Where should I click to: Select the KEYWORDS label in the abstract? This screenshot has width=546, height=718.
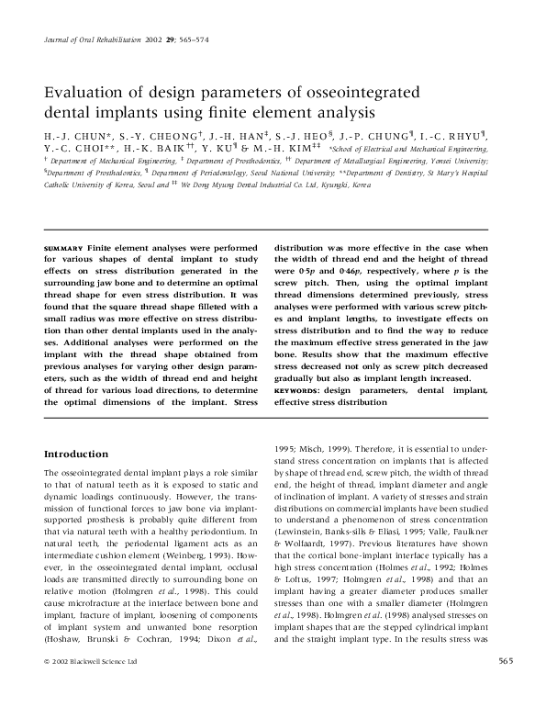(x=299, y=389)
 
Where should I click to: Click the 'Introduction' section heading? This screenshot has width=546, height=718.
(x=76, y=454)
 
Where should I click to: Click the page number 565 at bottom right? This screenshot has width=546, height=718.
(x=505, y=685)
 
